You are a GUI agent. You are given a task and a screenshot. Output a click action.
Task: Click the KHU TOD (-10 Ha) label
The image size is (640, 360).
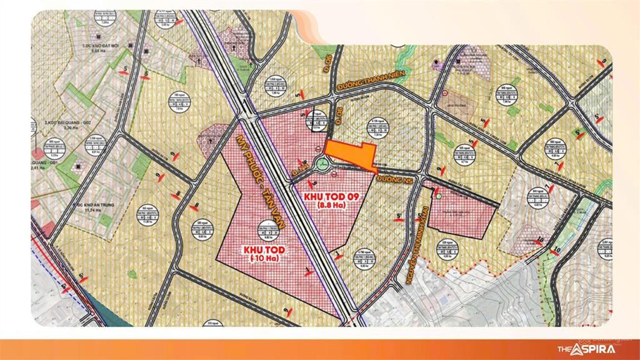point(259,253)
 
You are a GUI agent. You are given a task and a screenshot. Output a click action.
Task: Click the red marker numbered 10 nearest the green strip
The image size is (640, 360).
point(539,238)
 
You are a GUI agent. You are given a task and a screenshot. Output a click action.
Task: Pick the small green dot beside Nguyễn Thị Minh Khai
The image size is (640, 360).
point(439,197)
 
